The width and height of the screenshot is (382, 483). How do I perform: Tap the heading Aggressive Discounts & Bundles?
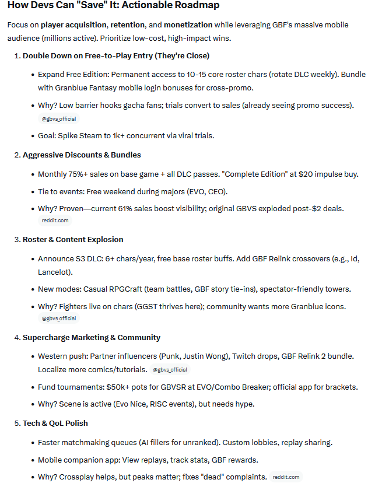pyautogui.click(x=82, y=155)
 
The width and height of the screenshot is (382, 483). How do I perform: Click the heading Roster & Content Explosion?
pyautogui.click(x=73, y=239)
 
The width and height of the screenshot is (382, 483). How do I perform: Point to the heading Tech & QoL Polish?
pyautogui.click(x=55, y=423)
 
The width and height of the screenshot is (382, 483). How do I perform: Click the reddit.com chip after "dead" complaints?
pyautogui.click(x=286, y=477)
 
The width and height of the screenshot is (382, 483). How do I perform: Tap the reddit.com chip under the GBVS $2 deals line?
pyautogui.click(x=55, y=220)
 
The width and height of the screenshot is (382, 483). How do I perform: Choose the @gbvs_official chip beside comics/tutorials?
pyautogui.click(x=171, y=370)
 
